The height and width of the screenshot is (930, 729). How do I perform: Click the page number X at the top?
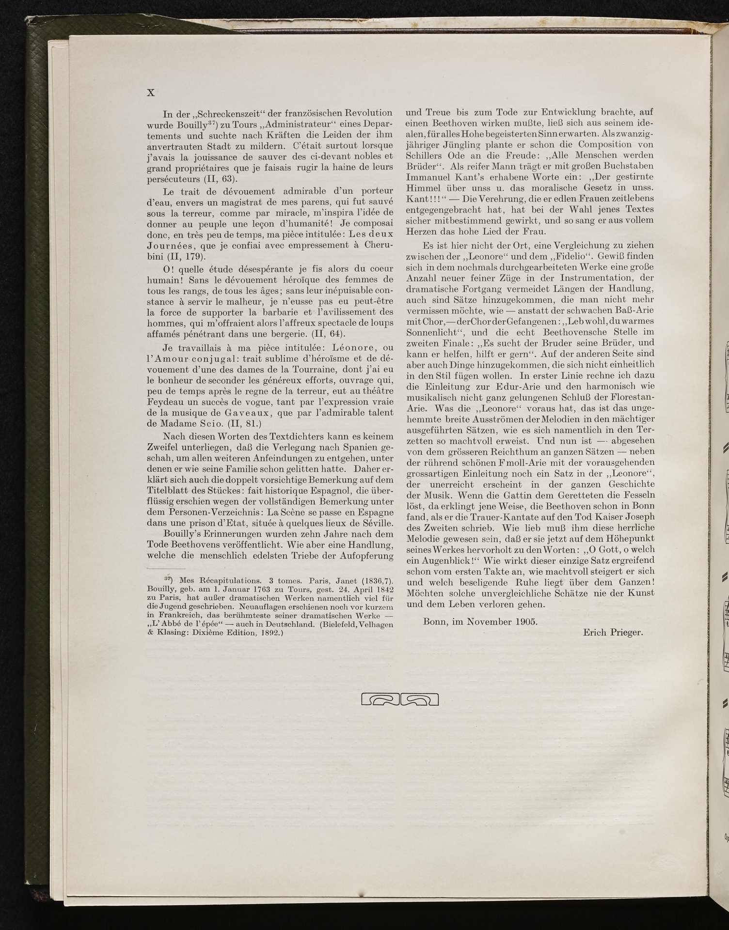151,93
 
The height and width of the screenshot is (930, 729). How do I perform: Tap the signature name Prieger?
628,632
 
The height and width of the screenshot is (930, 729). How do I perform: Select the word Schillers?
426,155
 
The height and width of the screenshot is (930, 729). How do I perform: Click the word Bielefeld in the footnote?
341,624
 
